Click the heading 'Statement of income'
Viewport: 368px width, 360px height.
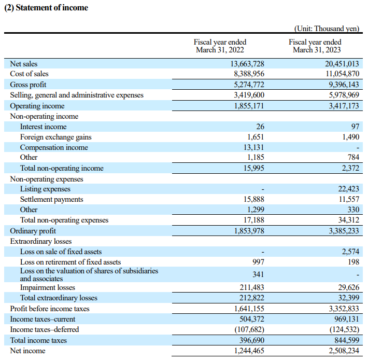pos(52,7)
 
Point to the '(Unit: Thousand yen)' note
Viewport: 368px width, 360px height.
pos(327,29)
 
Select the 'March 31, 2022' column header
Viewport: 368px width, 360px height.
pos(220,50)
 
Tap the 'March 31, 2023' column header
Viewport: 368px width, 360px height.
pos(317,50)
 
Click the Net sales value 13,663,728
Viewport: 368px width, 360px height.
pos(247,64)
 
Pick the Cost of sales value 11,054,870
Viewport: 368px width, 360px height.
pos(343,74)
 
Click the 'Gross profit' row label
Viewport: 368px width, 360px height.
pos(28,85)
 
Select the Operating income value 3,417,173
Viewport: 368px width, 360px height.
pos(344,106)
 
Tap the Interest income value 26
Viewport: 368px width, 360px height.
pos(260,127)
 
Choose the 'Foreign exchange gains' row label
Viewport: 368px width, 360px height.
pos(55,137)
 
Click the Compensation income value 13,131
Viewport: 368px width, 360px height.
pos(253,147)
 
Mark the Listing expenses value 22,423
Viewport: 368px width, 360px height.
pos(349,189)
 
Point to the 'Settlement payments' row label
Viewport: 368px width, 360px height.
pos(52,199)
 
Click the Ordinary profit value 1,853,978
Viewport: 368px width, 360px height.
pos(249,231)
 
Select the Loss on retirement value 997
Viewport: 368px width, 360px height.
pos(258,262)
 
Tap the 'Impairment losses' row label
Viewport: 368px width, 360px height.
pos(47,287)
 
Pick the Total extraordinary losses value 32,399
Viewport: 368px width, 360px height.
pos(349,298)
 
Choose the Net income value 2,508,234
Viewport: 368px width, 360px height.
pos(344,351)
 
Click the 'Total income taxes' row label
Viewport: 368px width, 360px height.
pos(38,340)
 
